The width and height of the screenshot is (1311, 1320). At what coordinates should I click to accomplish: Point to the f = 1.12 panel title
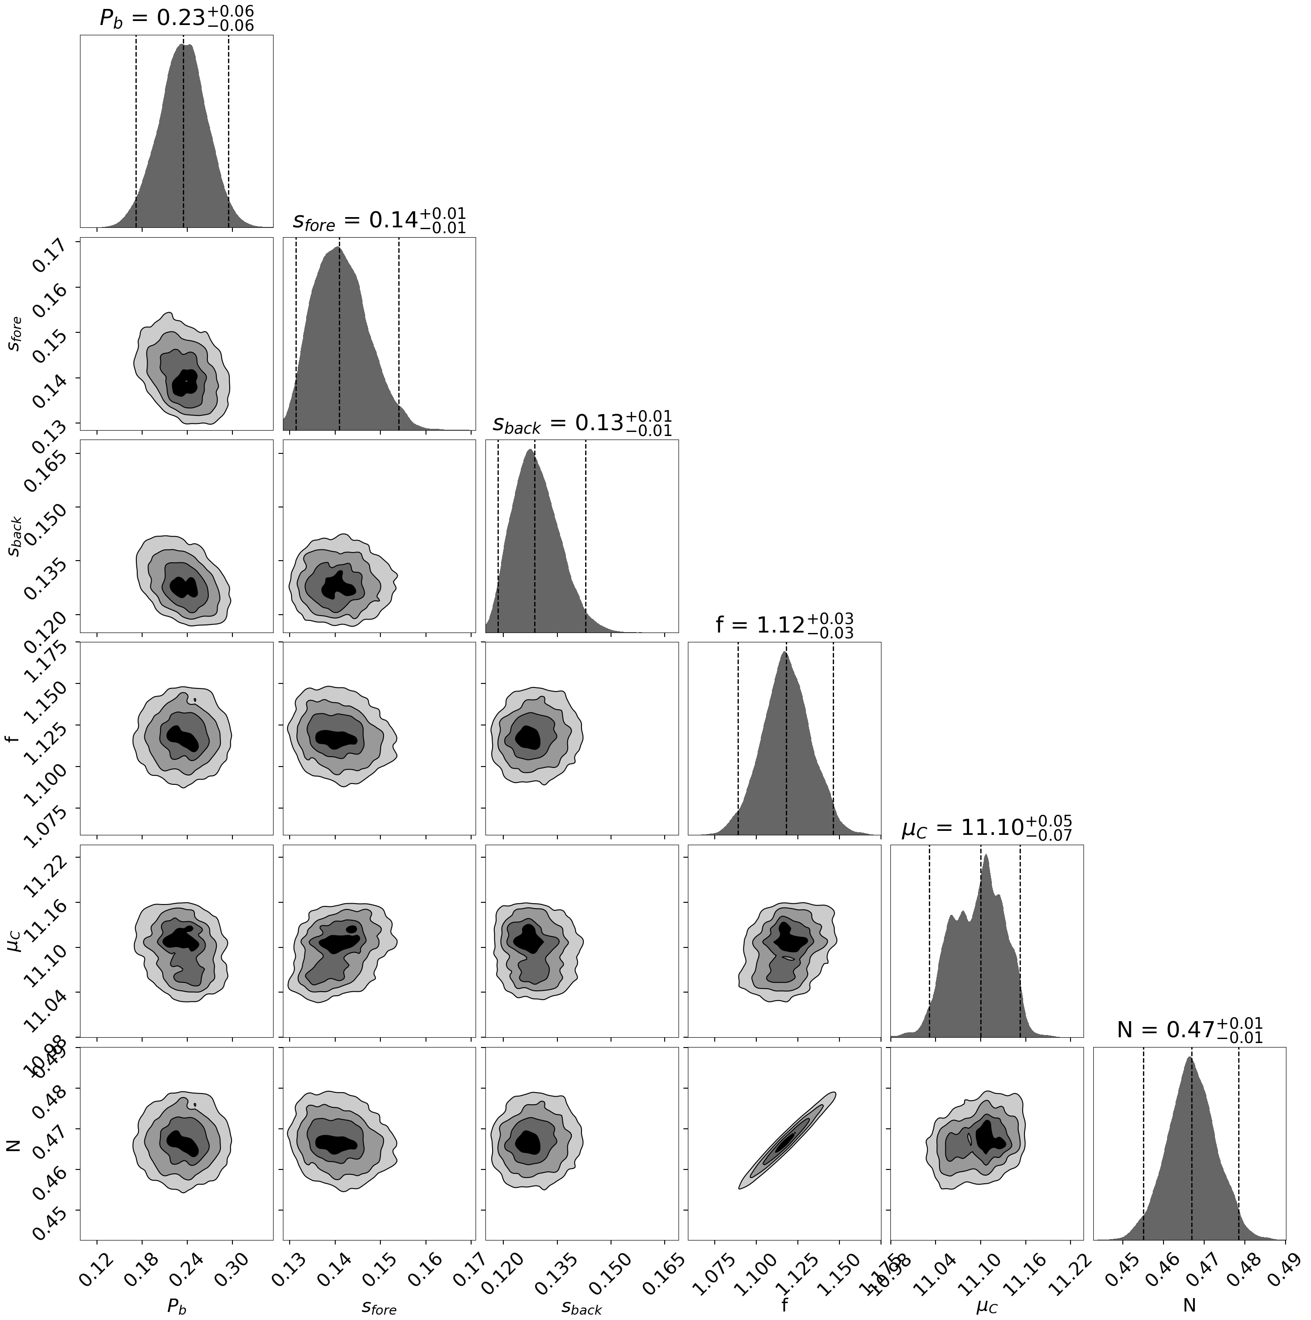(x=784, y=625)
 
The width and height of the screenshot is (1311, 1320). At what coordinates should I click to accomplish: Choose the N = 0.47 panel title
(x=1189, y=1030)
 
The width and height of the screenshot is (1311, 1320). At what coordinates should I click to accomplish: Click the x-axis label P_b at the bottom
(x=177, y=1306)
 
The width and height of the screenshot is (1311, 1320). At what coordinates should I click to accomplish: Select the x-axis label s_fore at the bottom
(x=379, y=1306)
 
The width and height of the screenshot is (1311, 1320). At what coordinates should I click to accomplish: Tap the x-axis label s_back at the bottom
(x=582, y=1306)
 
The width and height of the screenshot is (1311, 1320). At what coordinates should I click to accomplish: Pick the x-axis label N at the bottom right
(x=1189, y=1305)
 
